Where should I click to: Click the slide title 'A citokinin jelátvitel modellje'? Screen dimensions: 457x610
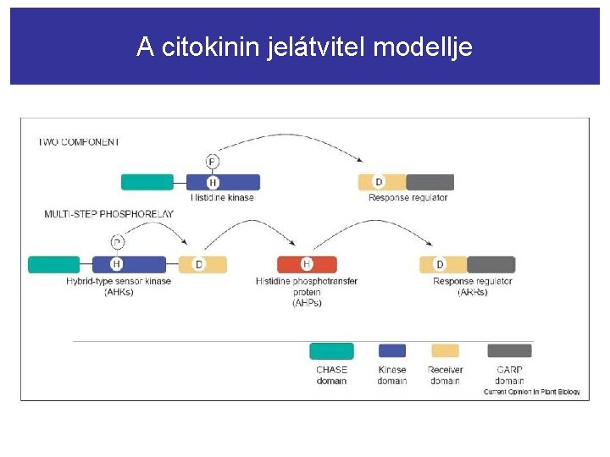click(x=304, y=47)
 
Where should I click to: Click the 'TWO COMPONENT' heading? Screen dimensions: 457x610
click(x=79, y=142)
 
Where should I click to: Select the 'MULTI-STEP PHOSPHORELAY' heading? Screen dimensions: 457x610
click(x=108, y=214)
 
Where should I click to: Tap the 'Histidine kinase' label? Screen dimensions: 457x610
click(x=223, y=198)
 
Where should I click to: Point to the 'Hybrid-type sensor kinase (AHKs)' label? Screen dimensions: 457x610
click(x=119, y=286)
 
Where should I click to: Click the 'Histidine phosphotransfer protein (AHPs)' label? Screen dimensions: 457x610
click(x=306, y=291)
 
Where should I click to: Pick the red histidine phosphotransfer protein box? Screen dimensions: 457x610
click(x=307, y=265)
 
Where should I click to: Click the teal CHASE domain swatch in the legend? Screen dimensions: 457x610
click(x=331, y=350)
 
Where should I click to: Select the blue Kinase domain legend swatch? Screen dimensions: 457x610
click(x=391, y=350)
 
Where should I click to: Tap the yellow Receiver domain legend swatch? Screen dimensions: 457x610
click(x=445, y=350)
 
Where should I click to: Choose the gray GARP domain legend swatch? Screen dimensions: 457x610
click(x=509, y=350)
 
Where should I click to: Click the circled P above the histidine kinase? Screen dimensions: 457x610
click(x=213, y=162)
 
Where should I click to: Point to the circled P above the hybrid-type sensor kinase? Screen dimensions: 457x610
click(x=117, y=242)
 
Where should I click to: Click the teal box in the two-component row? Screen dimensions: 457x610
click(x=147, y=182)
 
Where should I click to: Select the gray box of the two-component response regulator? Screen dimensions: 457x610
click(x=430, y=182)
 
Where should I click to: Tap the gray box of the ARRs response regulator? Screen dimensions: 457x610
click(x=491, y=265)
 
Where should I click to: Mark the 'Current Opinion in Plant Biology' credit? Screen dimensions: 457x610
click(x=532, y=392)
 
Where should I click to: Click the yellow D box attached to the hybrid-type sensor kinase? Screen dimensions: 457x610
click(x=202, y=265)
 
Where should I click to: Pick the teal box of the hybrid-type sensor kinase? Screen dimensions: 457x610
click(x=54, y=265)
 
